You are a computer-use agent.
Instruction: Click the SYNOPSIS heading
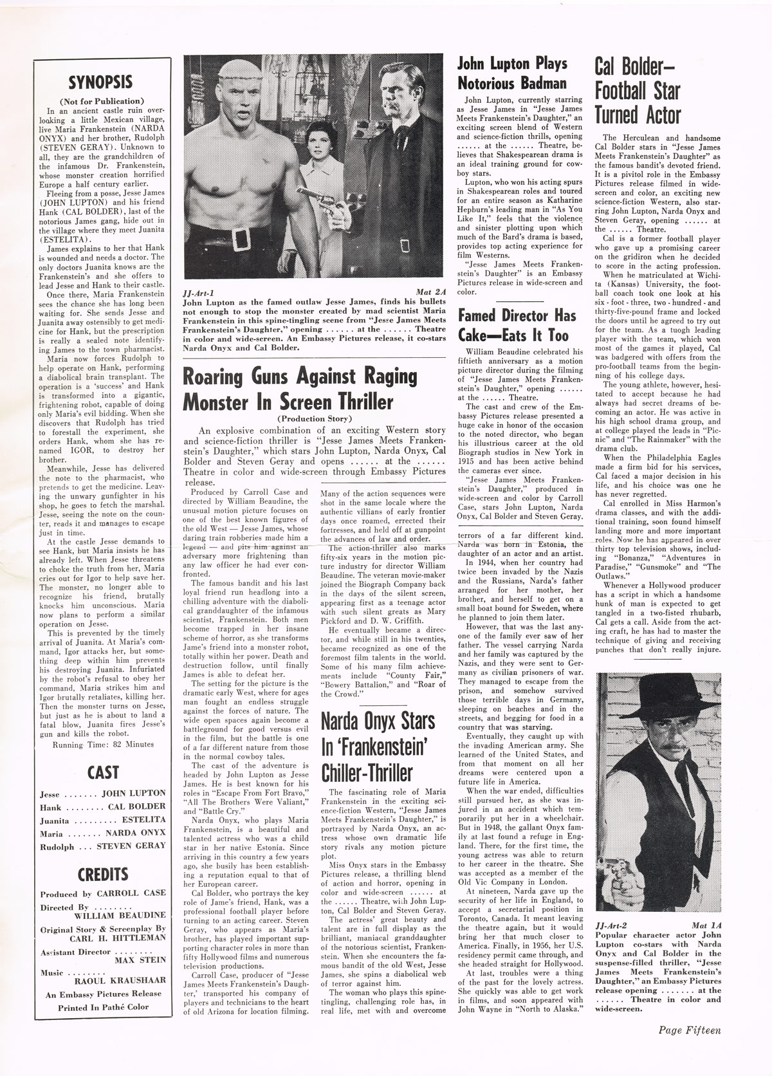(100, 82)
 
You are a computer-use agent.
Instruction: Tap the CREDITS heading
(103, 874)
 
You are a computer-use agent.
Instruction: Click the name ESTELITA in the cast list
(145, 820)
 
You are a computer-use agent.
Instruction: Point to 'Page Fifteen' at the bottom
(690, 1030)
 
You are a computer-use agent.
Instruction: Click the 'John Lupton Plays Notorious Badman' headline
(512, 73)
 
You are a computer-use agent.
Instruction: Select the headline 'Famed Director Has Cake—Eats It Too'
(512, 326)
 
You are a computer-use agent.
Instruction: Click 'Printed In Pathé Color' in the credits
(102, 1006)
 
